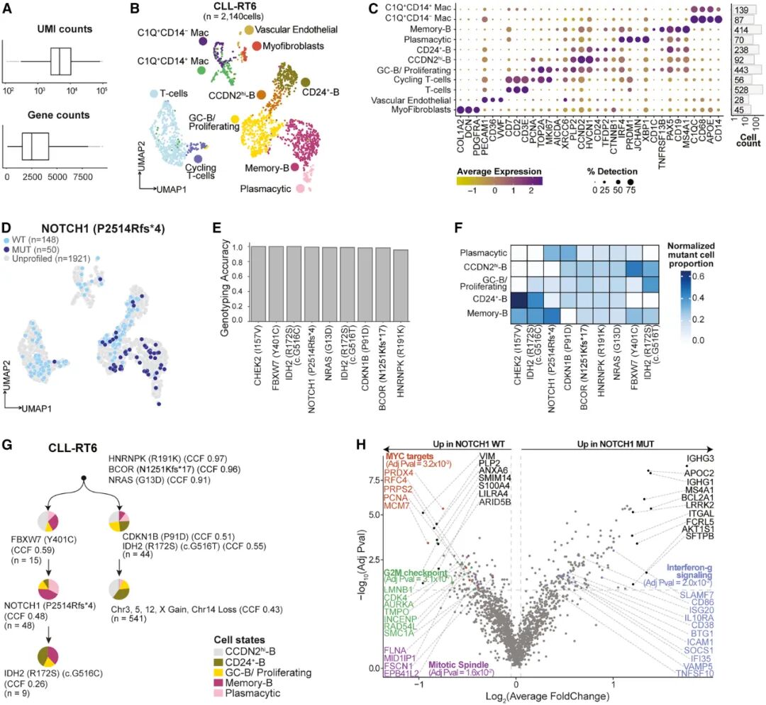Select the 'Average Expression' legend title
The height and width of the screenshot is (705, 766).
499,171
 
